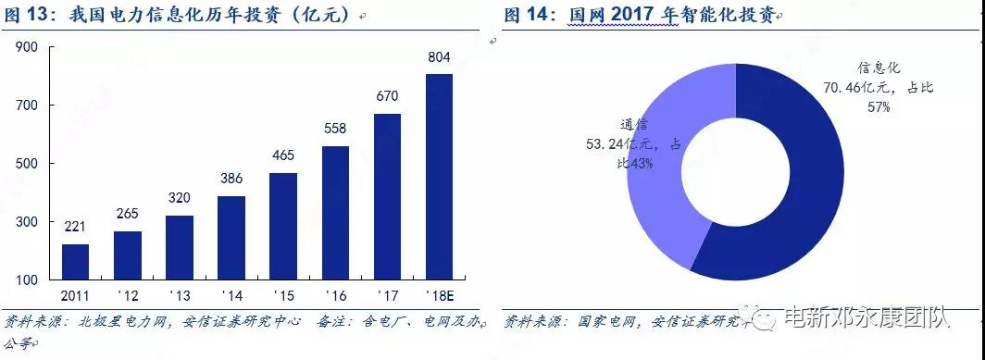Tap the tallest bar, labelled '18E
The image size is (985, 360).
click(x=439, y=177)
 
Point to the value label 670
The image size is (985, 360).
click(x=387, y=96)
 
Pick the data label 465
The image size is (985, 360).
click(x=283, y=155)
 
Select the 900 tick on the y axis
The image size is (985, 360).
click(x=26, y=46)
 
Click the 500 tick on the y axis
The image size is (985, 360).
click(x=26, y=164)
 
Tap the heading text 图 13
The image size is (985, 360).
click(x=28, y=16)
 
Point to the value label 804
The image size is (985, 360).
click(x=439, y=57)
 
